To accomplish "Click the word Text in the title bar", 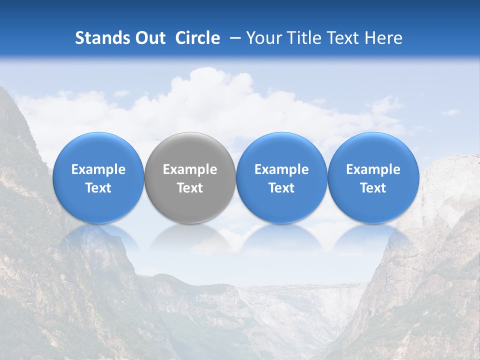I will (342, 38).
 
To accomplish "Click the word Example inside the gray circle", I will (190, 169).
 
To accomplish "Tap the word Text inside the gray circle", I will (190, 188).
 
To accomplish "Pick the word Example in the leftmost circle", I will (98, 169).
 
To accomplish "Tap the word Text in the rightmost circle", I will (373, 188).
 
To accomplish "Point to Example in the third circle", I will (281, 169).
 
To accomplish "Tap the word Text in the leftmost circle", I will (98, 188).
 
